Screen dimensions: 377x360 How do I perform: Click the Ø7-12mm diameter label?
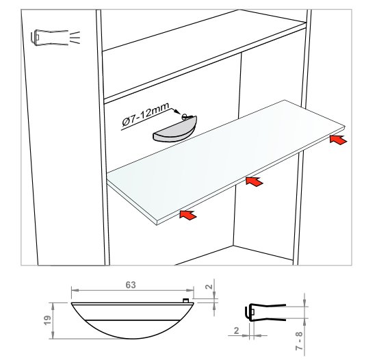146,114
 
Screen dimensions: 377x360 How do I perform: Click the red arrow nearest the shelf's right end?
338,140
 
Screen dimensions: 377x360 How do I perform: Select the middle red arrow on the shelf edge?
254,181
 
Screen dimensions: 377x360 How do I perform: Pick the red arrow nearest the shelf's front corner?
188,214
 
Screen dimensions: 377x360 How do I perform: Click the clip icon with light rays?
55,38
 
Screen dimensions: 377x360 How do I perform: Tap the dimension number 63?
131,285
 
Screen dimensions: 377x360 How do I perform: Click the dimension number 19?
48,320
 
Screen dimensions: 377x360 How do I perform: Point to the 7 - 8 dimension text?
299,341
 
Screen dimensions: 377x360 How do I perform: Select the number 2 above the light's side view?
209,286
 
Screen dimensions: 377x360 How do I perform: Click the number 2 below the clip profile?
236,331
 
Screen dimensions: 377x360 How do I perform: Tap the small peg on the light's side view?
185,300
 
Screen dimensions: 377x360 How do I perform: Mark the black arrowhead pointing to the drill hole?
177,112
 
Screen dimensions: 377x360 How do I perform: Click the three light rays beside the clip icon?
75,38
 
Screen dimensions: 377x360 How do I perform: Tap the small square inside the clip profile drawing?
252,312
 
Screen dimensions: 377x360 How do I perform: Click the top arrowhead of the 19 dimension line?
53,306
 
